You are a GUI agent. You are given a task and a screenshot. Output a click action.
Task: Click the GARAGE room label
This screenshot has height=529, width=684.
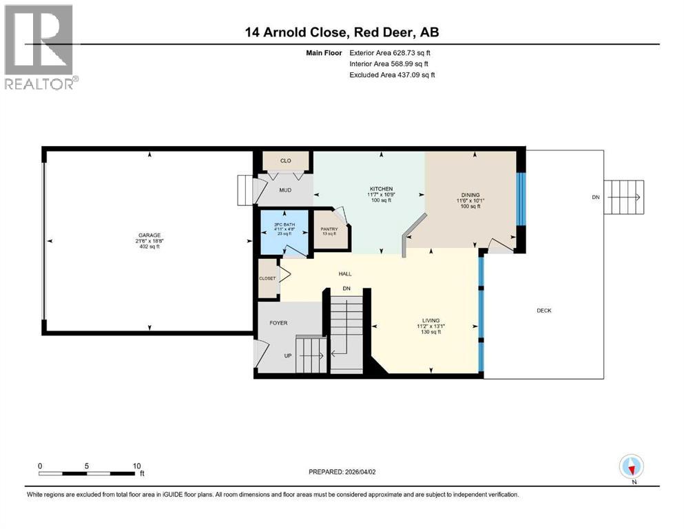pos(149,235)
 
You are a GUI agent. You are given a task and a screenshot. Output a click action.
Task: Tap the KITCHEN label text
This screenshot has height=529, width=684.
pos(381,189)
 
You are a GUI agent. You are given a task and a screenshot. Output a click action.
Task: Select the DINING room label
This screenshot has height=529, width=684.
pos(470,195)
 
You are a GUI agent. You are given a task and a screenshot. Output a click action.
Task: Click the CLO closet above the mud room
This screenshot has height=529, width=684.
pos(285,160)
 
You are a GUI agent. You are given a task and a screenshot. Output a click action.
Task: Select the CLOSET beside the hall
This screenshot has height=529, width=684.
pos(267,278)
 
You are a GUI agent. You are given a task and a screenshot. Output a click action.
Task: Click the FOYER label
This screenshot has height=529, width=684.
pos(278,322)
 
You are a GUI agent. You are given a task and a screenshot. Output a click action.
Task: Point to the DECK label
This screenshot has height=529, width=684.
pos(544,311)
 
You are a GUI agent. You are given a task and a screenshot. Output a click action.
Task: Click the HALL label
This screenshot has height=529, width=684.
pos(345,273)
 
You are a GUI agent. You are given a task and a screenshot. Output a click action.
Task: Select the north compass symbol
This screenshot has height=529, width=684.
pos(631,466)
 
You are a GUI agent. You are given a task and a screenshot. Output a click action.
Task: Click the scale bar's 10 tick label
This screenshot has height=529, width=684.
pos(137,466)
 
